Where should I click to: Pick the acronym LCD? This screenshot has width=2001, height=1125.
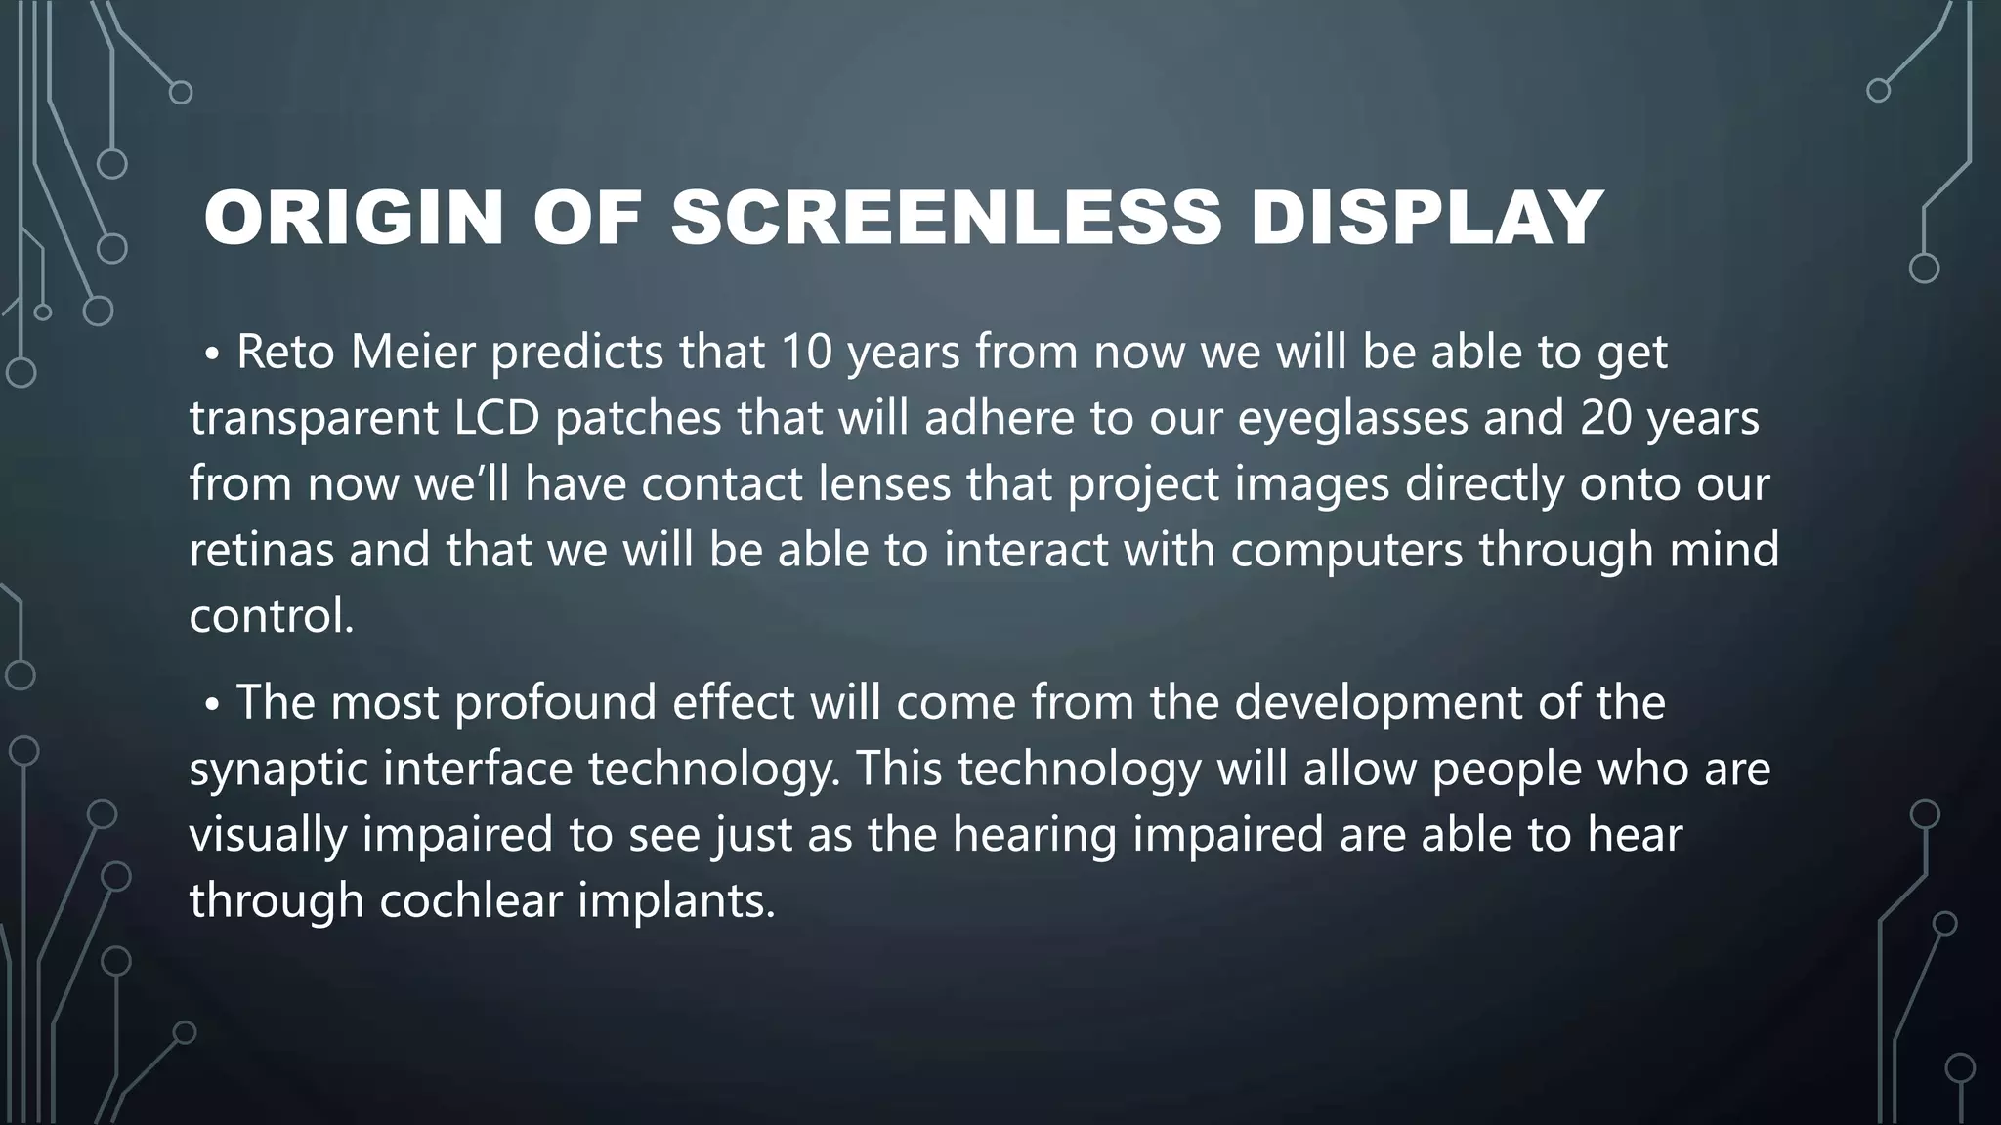pos(496,418)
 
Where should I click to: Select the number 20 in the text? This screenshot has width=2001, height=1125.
pos(1606,418)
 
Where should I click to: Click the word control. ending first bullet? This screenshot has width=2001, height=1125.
pos(272,616)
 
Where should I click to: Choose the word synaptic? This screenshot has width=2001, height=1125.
pos(277,770)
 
